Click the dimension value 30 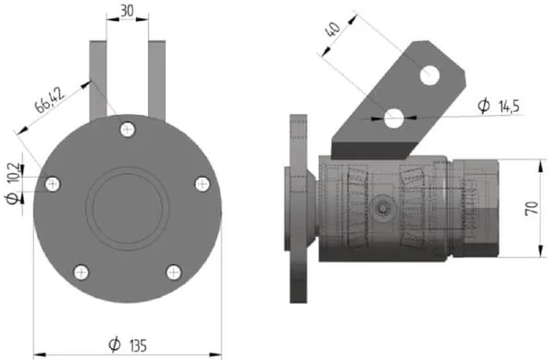tap(127, 11)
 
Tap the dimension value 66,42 tap(50, 100)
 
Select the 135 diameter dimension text tap(137, 345)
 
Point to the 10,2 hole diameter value tap(14, 173)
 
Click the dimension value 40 tap(333, 30)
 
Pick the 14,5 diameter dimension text tap(509, 106)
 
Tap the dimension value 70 tap(532, 208)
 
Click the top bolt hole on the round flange tap(128, 130)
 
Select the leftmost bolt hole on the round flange tap(53, 184)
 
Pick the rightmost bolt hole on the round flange tap(203, 184)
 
